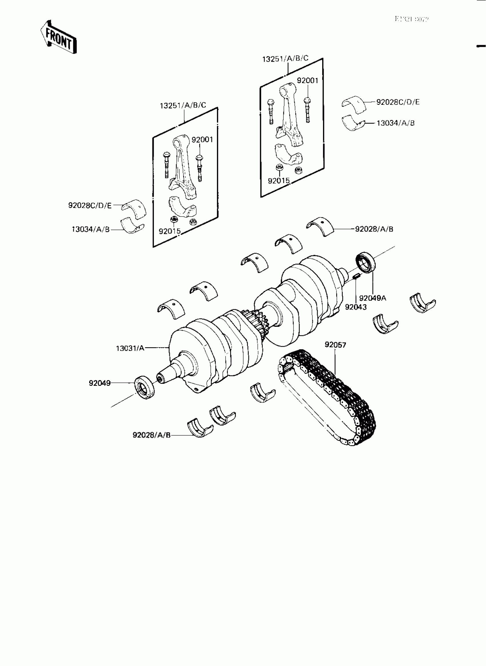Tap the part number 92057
click(x=335, y=344)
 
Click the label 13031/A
click(x=130, y=348)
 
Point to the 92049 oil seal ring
click(x=144, y=387)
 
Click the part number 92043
click(x=356, y=307)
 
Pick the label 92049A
click(x=373, y=298)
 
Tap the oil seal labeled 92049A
click(x=366, y=262)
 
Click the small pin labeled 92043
click(x=356, y=276)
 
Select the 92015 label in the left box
click(x=170, y=231)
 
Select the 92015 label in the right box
click(x=279, y=181)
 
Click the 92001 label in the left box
click(x=202, y=139)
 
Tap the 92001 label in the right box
click(x=307, y=81)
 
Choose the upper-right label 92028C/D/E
click(x=398, y=102)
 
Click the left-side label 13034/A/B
click(x=91, y=229)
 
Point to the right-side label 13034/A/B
click(x=395, y=123)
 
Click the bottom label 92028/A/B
click(x=152, y=435)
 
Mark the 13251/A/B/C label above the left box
click(x=183, y=105)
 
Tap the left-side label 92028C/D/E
click(x=90, y=205)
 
